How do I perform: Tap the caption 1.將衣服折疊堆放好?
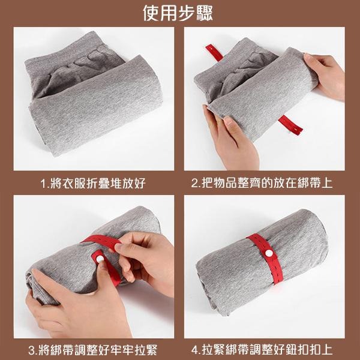point(93,182)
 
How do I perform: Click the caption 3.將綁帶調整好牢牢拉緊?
point(93,349)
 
